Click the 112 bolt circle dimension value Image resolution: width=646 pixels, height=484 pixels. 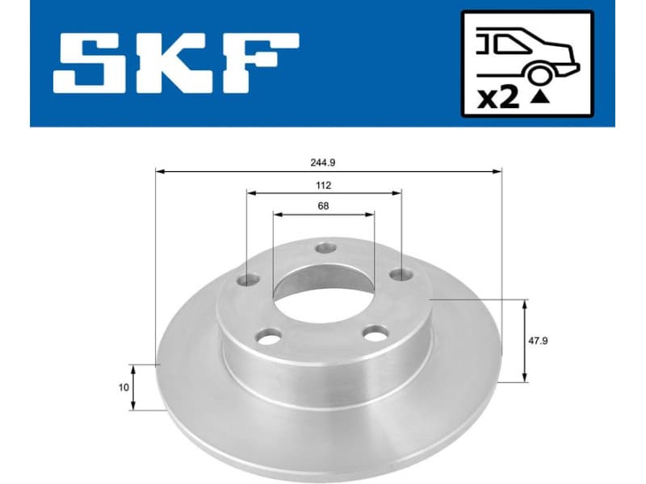[x=323, y=185]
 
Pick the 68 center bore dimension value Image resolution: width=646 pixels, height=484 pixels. [x=323, y=206]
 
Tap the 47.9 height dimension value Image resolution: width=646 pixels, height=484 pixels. [x=538, y=341]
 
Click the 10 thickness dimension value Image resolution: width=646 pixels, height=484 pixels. [x=124, y=388]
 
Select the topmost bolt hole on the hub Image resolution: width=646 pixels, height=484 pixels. [x=325, y=248]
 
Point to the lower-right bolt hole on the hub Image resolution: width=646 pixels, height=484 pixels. [x=374, y=332]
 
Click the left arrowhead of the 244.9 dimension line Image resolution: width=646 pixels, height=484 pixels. [x=160, y=171]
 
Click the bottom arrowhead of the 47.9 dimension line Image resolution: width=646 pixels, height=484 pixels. [x=526, y=378]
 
